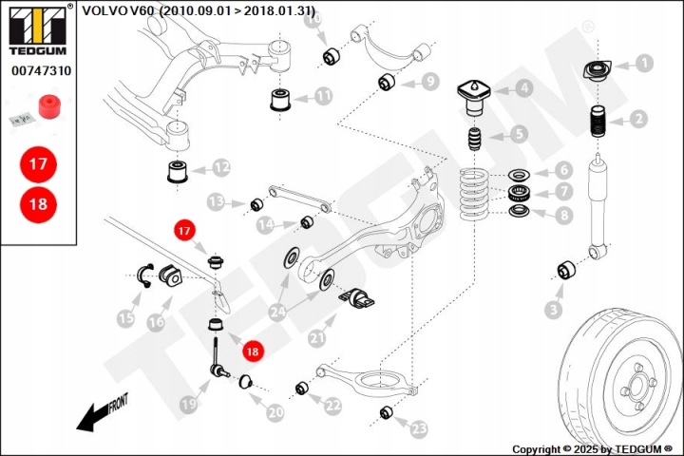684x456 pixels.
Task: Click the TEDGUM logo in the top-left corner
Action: pyautogui.click(x=38, y=29)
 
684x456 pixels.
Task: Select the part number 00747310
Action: pyautogui.click(x=41, y=70)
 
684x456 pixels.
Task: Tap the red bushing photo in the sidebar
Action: pyautogui.click(x=49, y=106)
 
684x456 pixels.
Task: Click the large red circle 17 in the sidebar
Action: pyautogui.click(x=38, y=164)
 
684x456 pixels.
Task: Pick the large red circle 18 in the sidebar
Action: pyautogui.click(x=38, y=204)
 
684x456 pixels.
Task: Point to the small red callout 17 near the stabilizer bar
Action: pyautogui.click(x=184, y=231)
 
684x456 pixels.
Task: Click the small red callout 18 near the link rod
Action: pyautogui.click(x=253, y=351)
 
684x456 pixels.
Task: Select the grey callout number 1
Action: pyautogui.click(x=644, y=64)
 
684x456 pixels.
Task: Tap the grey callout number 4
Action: pyautogui.click(x=524, y=88)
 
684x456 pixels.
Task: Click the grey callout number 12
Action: pyautogui.click(x=221, y=167)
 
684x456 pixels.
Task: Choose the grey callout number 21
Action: pyautogui.click(x=317, y=338)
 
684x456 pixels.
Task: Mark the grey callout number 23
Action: pyautogui.click(x=419, y=428)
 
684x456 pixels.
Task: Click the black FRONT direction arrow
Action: pyautogui.click(x=94, y=416)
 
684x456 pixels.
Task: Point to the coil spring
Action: pyautogui.click(x=474, y=195)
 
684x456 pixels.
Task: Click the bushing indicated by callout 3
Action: pyautogui.click(x=566, y=270)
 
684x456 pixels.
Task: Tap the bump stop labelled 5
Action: pyautogui.click(x=475, y=140)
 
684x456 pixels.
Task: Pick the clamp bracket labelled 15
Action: pyautogui.click(x=145, y=275)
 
